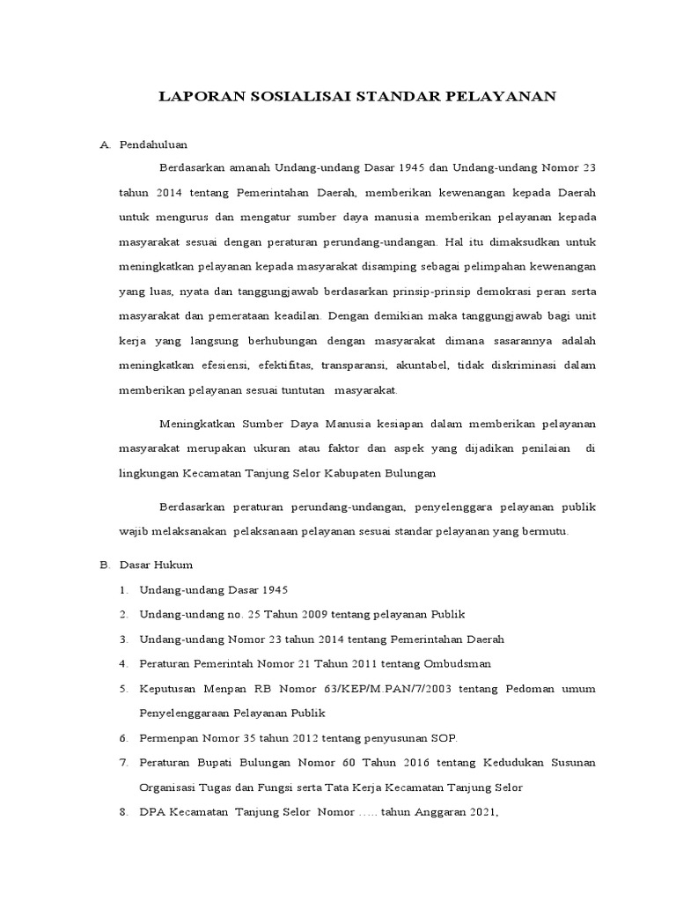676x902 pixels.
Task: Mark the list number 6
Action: pos(122,737)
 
